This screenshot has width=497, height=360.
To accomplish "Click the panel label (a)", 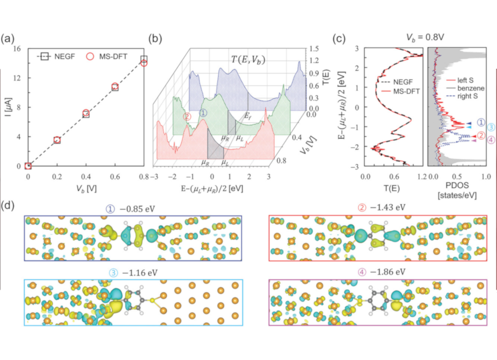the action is pyautogui.click(x=8, y=39).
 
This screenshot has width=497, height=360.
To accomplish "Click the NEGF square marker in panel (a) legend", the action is pyautogui.click(x=44, y=56).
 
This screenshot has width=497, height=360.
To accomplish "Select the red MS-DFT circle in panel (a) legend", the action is pyautogui.click(x=90, y=56).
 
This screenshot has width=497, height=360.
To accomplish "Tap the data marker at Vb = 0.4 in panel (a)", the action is pyautogui.click(x=86, y=113).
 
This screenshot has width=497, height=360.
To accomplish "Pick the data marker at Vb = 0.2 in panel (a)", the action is pyautogui.click(x=57, y=140).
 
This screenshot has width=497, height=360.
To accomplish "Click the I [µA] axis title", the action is pyautogui.click(x=9, y=107).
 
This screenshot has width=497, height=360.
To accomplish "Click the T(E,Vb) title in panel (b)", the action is pyautogui.click(x=248, y=60).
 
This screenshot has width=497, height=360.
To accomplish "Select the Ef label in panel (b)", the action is pyautogui.click(x=248, y=116).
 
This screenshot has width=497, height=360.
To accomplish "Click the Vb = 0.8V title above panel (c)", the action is pyautogui.click(x=425, y=37).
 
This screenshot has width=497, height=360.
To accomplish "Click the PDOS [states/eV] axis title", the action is pyautogui.click(x=457, y=191).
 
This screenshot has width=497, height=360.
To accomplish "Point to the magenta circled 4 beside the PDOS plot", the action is pyautogui.click(x=491, y=140).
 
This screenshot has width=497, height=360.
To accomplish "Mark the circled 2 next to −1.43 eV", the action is pyautogui.click(x=362, y=208).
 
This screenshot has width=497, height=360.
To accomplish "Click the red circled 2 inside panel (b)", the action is pyautogui.click(x=187, y=116).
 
